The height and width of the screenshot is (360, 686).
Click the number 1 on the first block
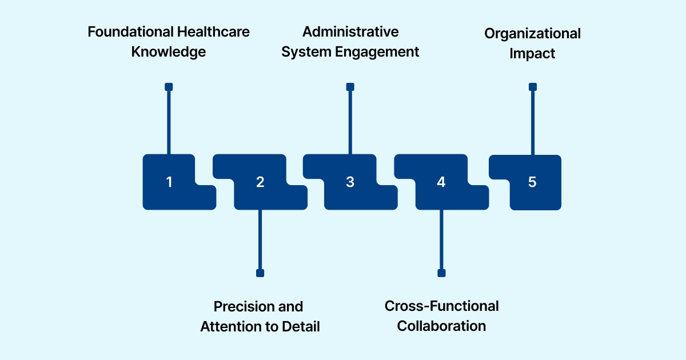click(169, 182)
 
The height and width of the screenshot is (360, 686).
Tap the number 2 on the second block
click(260, 182)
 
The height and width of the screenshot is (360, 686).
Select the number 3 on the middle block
click(350, 182)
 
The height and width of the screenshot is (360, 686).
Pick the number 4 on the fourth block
click(441, 182)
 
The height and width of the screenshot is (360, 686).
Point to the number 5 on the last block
click(532, 182)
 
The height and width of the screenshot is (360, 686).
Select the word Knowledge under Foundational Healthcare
click(168, 52)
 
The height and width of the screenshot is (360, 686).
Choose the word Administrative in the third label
click(350, 31)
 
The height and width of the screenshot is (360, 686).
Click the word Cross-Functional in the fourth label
click(441, 306)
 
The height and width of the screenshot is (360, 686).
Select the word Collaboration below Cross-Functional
click(441, 326)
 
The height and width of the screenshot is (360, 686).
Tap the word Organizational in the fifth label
click(532, 33)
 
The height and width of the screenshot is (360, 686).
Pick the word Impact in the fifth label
click(532, 54)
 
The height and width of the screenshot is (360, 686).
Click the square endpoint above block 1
click(169, 87)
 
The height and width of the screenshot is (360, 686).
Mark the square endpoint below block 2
click(260, 273)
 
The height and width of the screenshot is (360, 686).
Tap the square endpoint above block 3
click(350, 87)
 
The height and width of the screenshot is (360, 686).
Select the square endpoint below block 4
click(441, 273)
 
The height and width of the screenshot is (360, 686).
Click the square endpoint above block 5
click(533, 87)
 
